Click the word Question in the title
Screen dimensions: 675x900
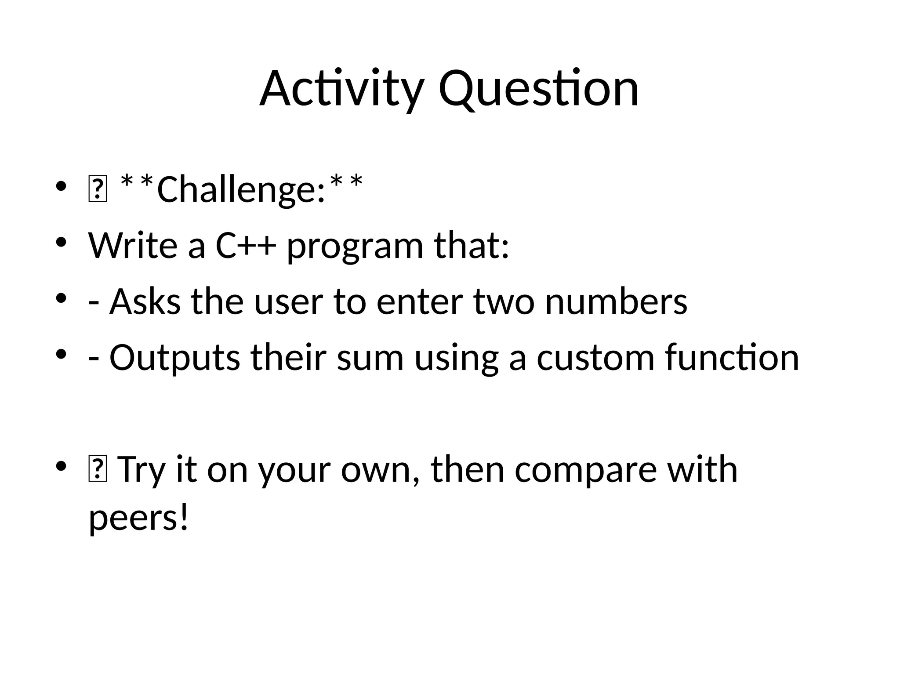tap(538, 89)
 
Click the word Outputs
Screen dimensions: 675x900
tap(174, 358)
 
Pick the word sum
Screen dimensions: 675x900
tap(370, 358)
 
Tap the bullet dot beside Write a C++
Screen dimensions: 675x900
tap(61, 243)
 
